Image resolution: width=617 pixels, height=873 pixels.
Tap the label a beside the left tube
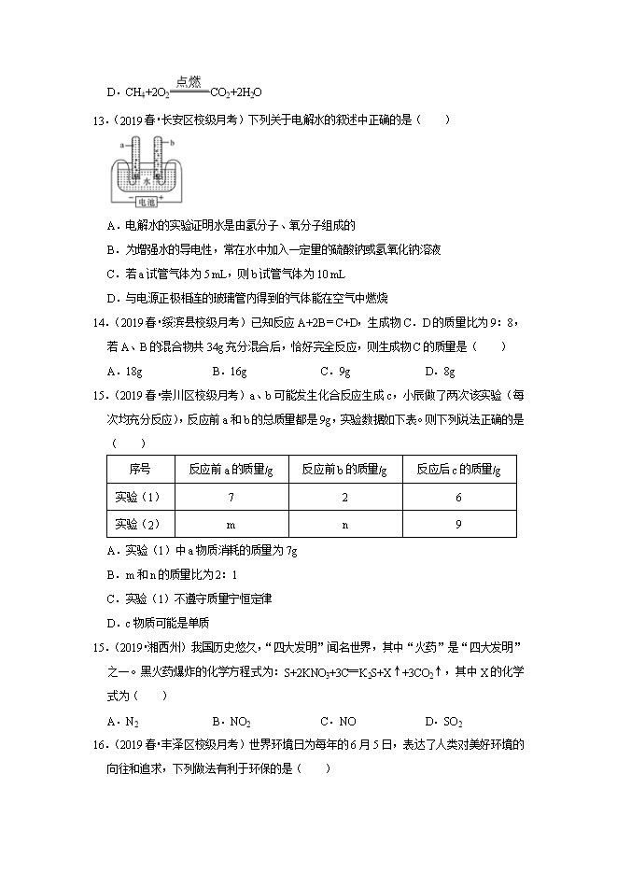tap(121, 146)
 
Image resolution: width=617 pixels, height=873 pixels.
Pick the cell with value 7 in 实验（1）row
tap(231, 497)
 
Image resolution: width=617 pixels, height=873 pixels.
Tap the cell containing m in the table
tap(231, 525)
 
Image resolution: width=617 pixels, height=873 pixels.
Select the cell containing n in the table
tap(344, 525)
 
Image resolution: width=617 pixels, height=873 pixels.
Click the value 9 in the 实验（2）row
tap(458, 525)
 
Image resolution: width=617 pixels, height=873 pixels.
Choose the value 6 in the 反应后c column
tap(458, 497)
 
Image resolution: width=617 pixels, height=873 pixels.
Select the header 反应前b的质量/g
tap(344, 469)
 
